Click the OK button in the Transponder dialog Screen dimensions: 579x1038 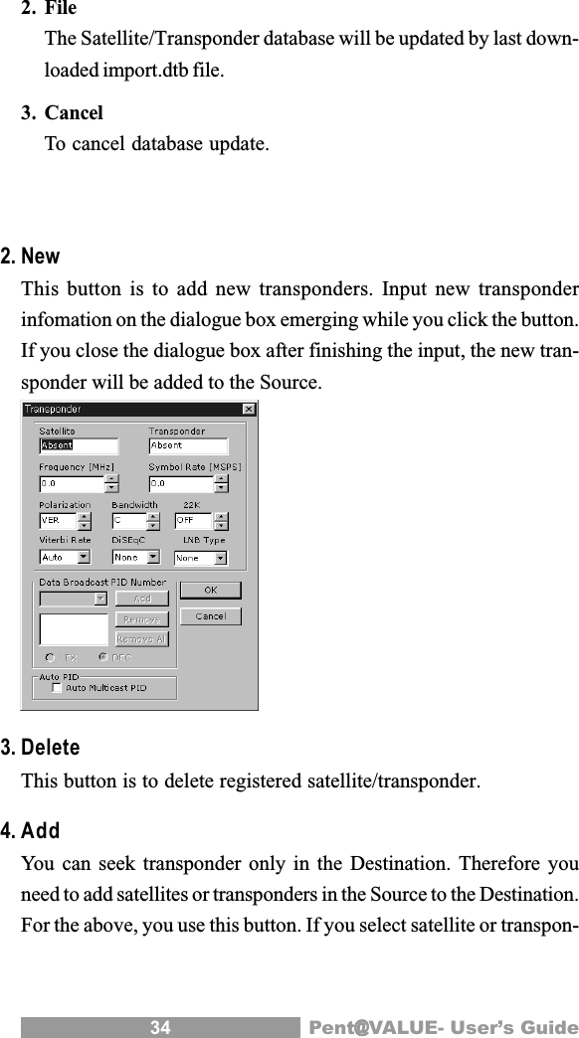[211, 590]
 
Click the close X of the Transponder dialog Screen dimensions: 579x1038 [249, 409]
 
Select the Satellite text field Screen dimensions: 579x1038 [78, 445]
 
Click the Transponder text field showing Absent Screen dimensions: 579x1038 [187, 445]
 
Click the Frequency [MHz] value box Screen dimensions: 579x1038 [71, 483]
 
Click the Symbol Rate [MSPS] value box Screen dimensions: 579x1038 [180, 483]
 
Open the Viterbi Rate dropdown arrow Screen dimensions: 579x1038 [84, 558]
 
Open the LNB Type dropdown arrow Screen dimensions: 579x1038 [220, 558]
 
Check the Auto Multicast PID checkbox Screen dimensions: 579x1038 [57, 687]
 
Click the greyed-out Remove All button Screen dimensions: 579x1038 [141, 638]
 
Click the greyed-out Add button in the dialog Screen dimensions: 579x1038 [141, 599]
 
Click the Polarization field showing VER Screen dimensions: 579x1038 [58, 520]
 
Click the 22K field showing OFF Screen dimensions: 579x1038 [193, 520]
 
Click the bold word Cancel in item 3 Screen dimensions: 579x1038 [74, 114]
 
